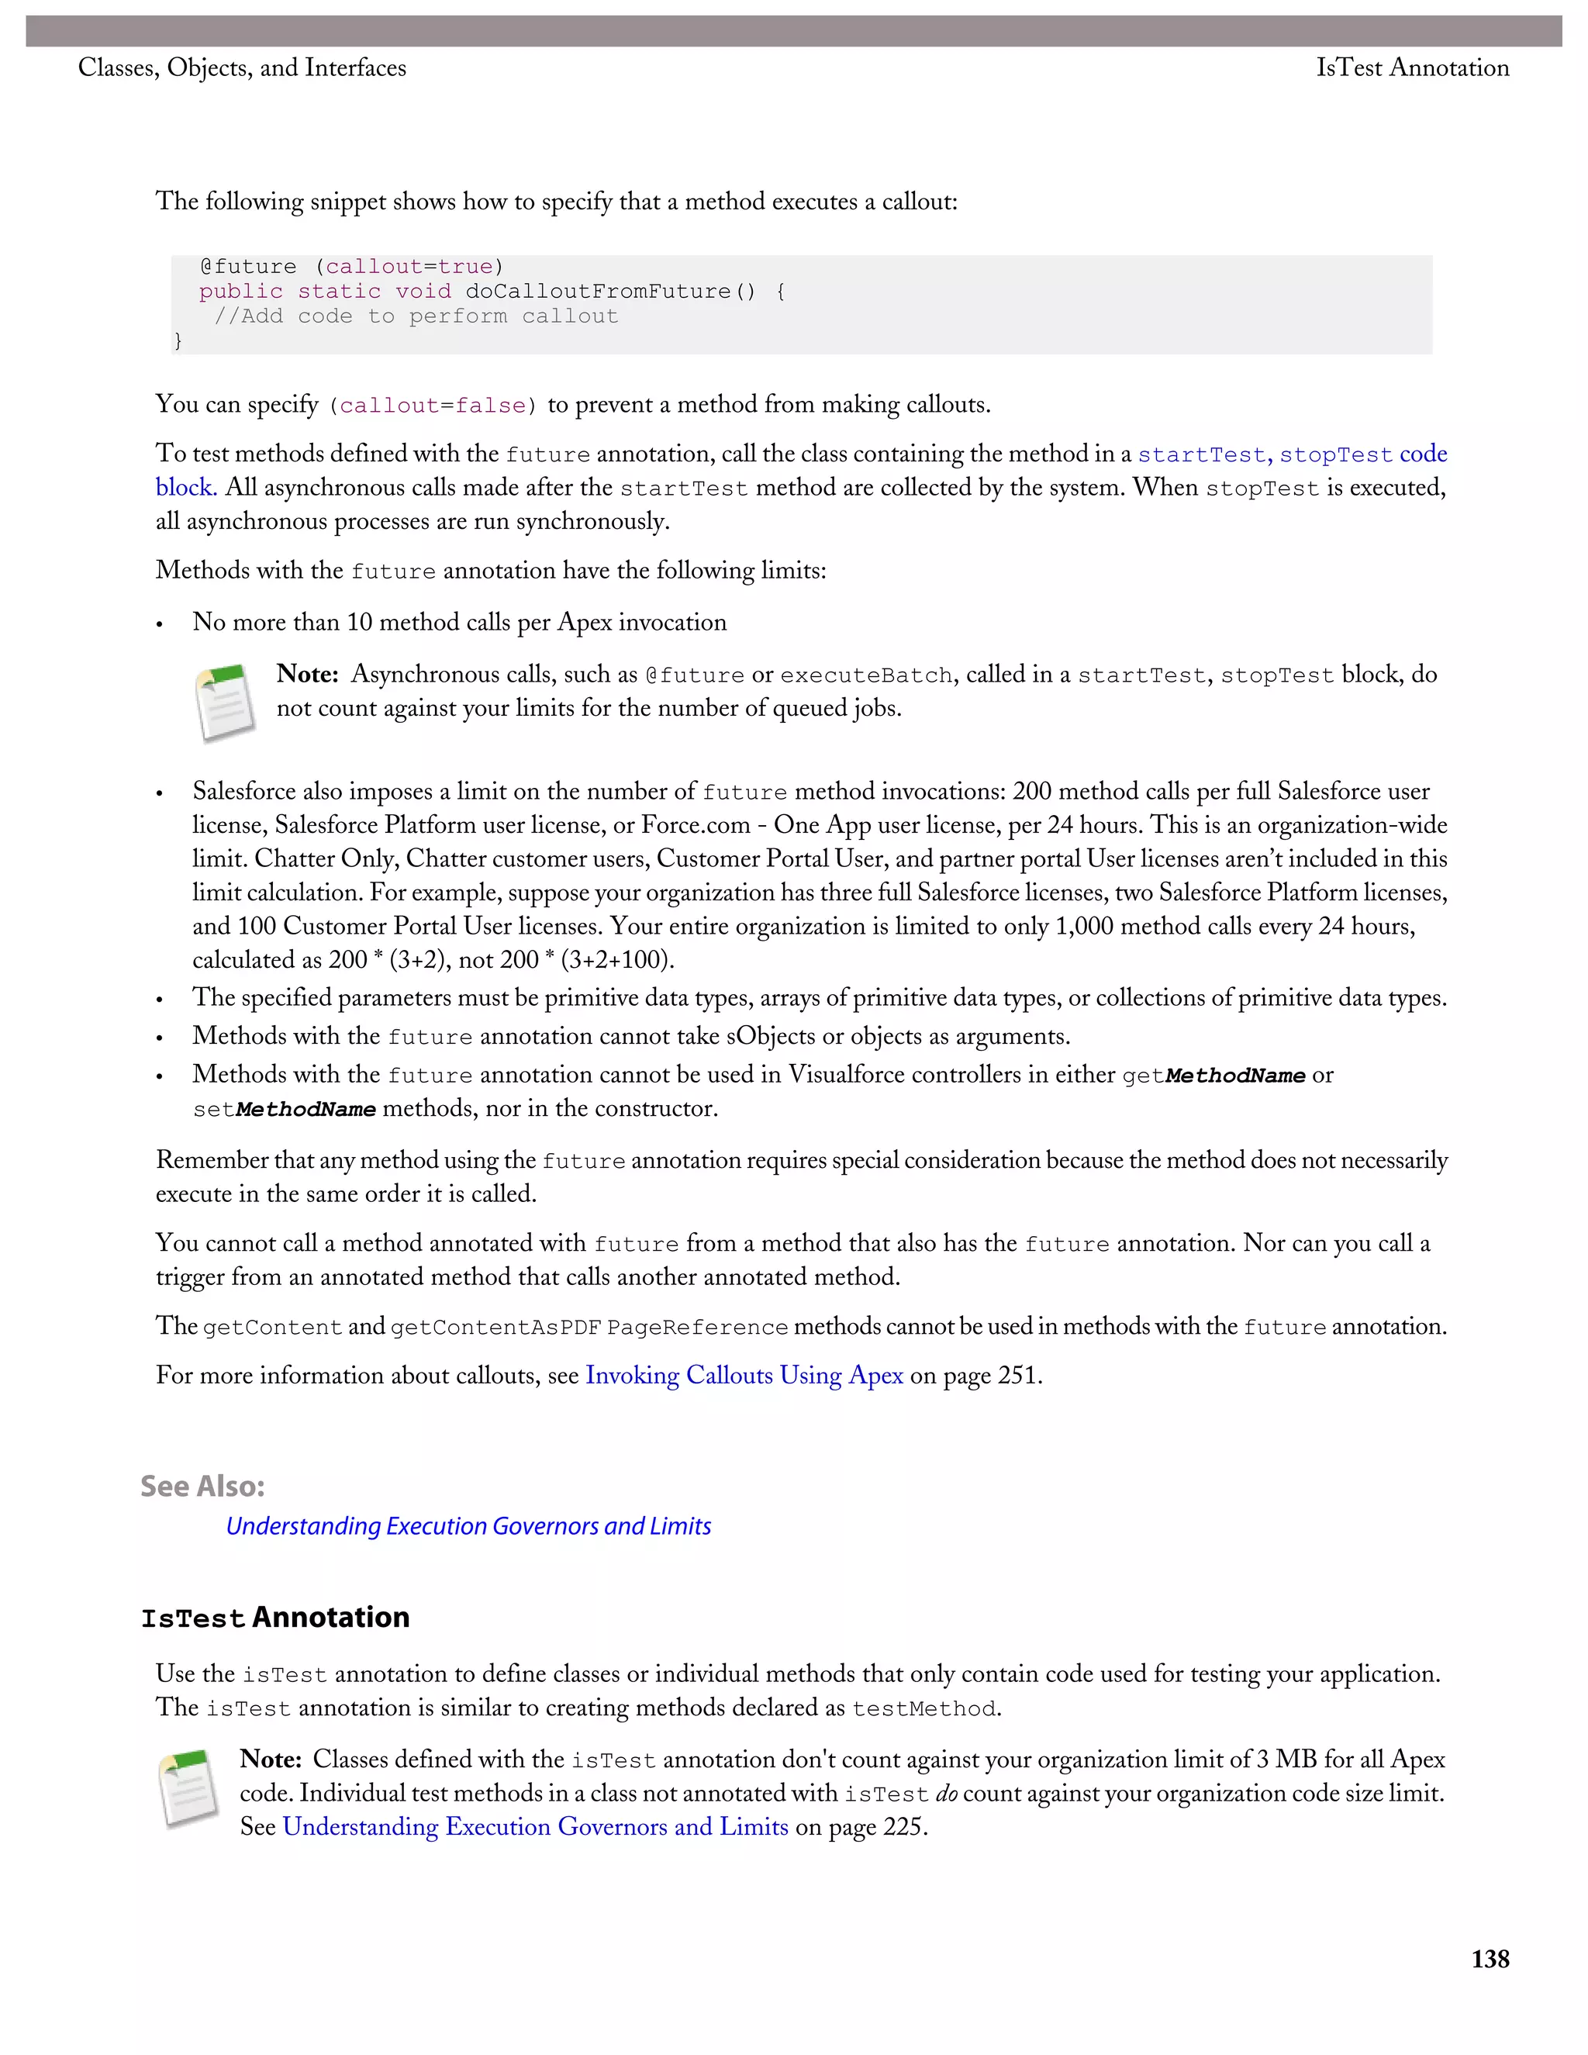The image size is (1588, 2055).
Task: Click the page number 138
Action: pyautogui.click(x=1490, y=1959)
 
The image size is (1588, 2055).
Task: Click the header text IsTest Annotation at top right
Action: pyautogui.click(x=1411, y=67)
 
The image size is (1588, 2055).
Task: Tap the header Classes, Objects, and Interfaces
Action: pyautogui.click(x=242, y=67)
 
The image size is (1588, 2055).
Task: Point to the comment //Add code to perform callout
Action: pyautogui.click(x=416, y=316)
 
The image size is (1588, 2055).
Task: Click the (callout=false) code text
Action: pyautogui.click(x=433, y=406)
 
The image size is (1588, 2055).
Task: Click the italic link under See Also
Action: pyautogui.click(x=468, y=1526)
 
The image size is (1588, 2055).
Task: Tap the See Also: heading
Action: pyautogui.click(x=202, y=1486)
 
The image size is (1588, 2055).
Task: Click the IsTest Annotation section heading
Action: pyautogui.click(x=274, y=1618)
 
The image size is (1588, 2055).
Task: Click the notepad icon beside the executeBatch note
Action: pyautogui.click(x=225, y=703)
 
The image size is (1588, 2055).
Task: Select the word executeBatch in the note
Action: pyautogui.click(x=865, y=675)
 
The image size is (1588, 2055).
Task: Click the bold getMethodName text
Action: pyautogui.click(x=1234, y=1076)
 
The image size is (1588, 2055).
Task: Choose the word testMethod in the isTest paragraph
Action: pyautogui.click(x=923, y=1708)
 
